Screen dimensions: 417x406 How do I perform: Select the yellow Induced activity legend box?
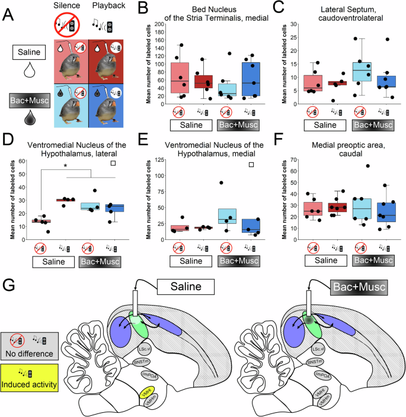click(x=27, y=374)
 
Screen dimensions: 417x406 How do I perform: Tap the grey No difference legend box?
click(x=27, y=345)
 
